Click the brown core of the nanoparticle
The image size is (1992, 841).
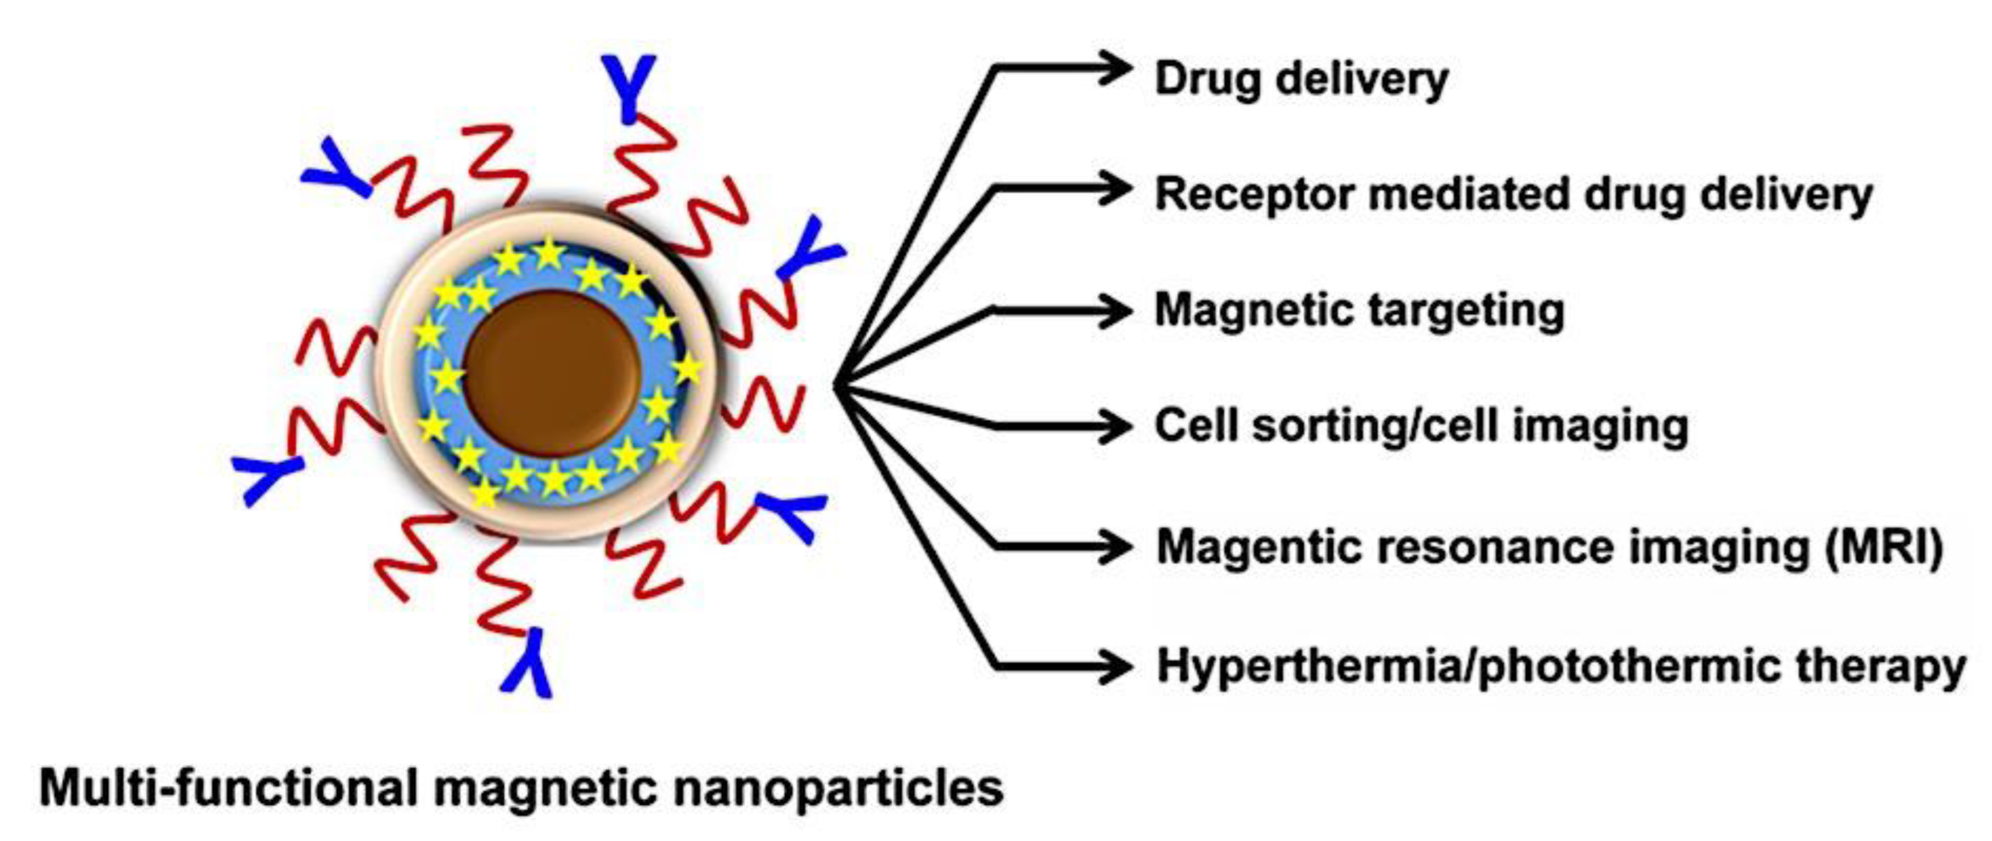[x=553, y=373]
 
